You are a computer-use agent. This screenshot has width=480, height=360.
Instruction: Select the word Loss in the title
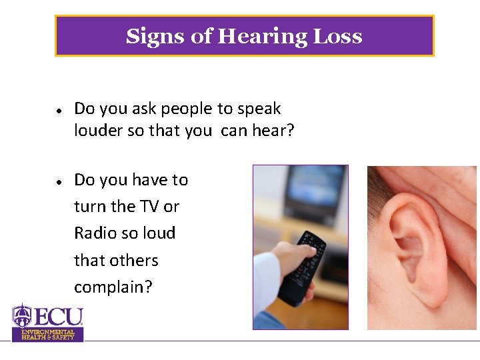click(x=339, y=36)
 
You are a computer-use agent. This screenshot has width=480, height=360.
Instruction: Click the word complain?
click(x=113, y=287)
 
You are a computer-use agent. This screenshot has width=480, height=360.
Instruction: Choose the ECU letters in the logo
click(x=59, y=316)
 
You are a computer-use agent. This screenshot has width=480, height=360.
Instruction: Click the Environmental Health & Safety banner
click(x=48, y=334)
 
